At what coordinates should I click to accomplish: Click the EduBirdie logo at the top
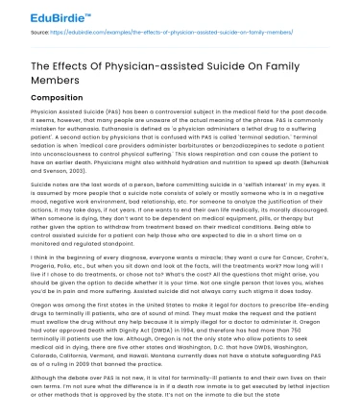click(45, 11)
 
